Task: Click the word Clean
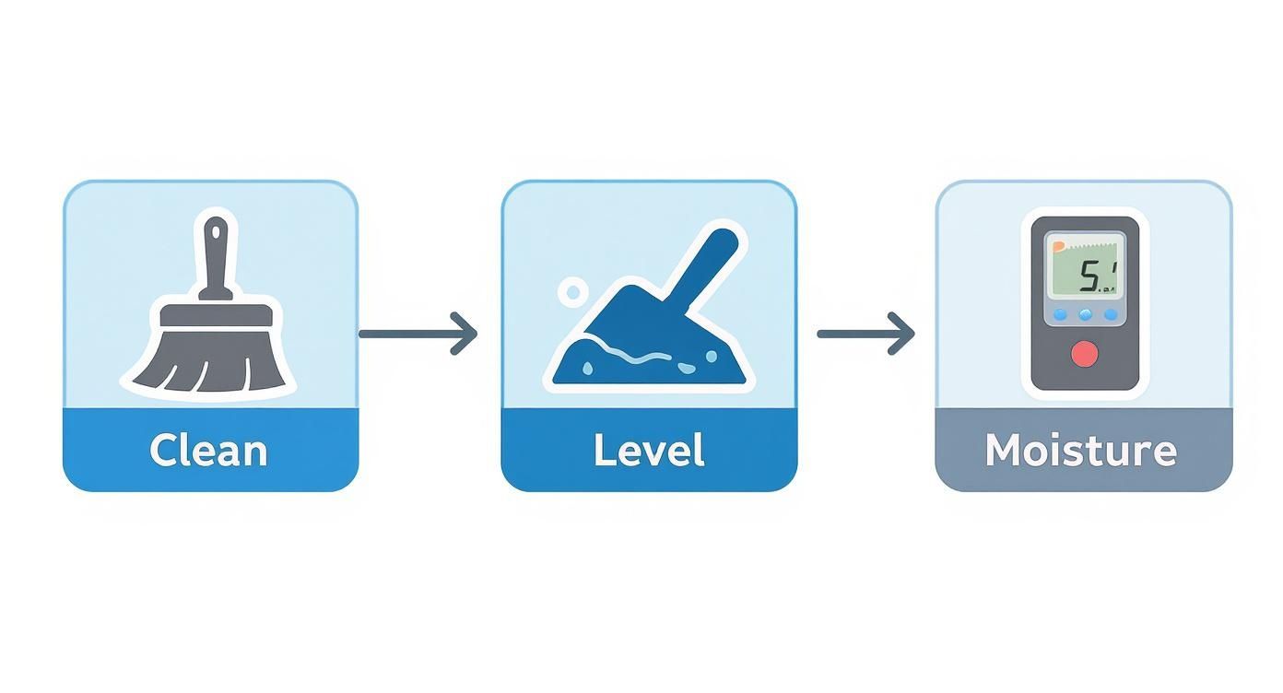(x=208, y=451)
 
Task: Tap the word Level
(x=649, y=451)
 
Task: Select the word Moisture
(x=1081, y=451)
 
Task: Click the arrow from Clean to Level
(x=418, y=333)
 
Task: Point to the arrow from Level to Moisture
(x=865, y=333)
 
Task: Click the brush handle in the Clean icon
(x=216, y=263)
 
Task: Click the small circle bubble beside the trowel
(x=572, y=293)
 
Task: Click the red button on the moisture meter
(x=1085, y=354)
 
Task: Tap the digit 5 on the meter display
(x=1089, y=276)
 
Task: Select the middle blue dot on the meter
(x=1085, y=315)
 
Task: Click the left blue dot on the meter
(x=1060, y=315)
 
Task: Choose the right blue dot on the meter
(x=1110, y=315)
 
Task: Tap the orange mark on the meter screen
(x=1055, y=245)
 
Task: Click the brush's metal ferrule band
(x=217, y=315)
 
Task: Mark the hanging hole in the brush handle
(x=215, y=229)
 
